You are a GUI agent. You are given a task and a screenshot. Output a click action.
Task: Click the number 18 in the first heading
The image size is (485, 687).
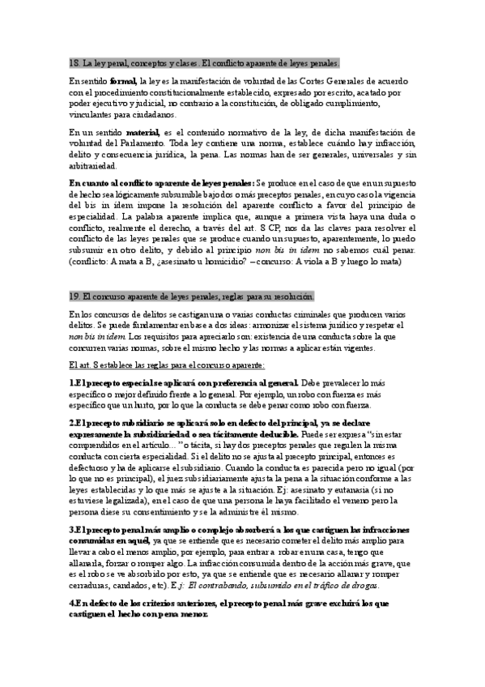tap(74, 62)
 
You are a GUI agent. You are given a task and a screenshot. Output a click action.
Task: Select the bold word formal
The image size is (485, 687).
tap(123, 82)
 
